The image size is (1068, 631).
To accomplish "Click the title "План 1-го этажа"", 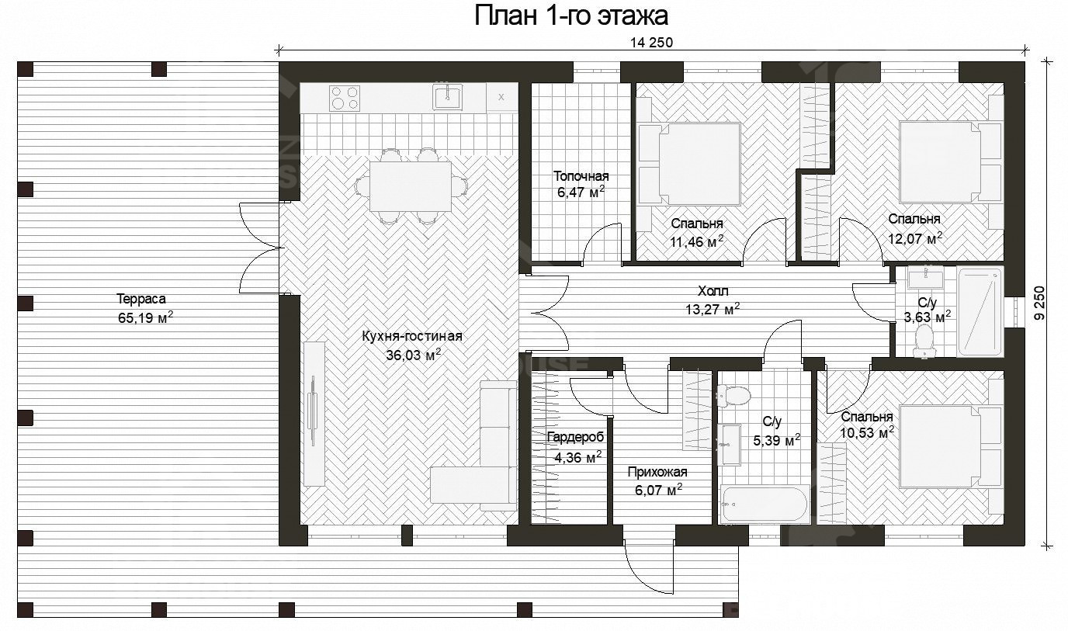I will point(571,16).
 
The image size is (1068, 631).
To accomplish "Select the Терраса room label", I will point(141,298).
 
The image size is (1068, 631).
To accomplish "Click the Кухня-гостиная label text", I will point(412,336).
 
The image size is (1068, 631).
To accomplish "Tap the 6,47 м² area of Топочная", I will point(581,192).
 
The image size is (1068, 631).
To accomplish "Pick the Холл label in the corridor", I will point(713,291).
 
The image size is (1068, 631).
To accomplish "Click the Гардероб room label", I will point(574,438).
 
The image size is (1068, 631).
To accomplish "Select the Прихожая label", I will point(657,472).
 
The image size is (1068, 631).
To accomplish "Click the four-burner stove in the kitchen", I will point(345,98).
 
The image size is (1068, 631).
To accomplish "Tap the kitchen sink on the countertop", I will point(448,98).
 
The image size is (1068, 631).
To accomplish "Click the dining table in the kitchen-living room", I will point(411,186).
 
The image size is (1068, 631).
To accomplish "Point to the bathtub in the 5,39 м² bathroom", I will point(765,504).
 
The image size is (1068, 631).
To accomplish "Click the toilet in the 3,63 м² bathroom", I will point(924,340).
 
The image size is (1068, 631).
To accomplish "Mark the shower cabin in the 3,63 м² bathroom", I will point(980,311).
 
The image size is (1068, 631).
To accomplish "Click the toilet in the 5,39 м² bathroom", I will point(736,397).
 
